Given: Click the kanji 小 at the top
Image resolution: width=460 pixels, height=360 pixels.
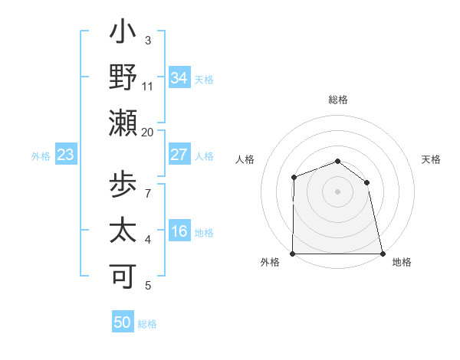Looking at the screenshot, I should tap(123, 34).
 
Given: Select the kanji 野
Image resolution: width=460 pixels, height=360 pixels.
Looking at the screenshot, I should tap(123, 77).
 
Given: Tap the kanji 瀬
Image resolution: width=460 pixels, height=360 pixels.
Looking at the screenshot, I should tap(123, 123).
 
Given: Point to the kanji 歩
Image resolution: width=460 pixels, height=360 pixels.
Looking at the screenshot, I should tap(123, 186).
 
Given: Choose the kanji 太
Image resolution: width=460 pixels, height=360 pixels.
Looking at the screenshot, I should tap(123, 231).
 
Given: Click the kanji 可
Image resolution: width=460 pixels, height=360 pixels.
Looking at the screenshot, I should tap(123, 277).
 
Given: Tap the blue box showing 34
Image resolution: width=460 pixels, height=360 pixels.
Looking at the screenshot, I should tap(179, 77).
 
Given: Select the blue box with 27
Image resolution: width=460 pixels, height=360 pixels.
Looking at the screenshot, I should tap(179, 155).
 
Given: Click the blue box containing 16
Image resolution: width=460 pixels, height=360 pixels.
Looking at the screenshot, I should tap(179, 232).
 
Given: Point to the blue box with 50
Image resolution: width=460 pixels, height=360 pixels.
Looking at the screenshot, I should tap(123, 322).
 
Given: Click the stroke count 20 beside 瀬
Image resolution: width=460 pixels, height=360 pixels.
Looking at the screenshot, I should tap(147, 132).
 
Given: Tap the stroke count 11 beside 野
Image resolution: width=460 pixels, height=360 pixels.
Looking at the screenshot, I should tap(148, 87).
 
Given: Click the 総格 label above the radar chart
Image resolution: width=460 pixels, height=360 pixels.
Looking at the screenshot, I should tap(338, 100).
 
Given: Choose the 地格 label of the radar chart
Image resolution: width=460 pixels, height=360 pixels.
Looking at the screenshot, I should tap(402, 262).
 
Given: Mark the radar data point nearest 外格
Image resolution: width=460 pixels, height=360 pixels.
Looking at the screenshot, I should tap(293, 254).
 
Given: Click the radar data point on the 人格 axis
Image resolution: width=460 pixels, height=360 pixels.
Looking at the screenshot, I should tap(294, 177).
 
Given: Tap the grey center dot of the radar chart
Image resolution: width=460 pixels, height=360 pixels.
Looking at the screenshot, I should tap(338, 191).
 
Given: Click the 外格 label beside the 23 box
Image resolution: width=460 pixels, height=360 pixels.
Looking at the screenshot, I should tap(41, 155).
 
